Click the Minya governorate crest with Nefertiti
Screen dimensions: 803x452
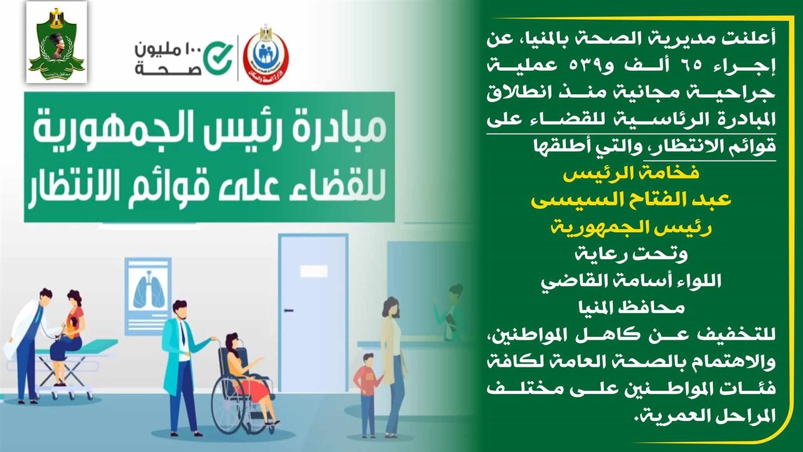(x=57, y=42)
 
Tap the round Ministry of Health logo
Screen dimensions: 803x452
(x=265, y=55)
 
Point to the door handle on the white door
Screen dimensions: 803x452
(x=289, y=310)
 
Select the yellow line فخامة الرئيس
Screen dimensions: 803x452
(x=631, y=173)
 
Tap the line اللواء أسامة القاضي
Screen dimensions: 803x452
(x=631, y=281)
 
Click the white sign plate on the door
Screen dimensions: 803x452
(x=314, y=271)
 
